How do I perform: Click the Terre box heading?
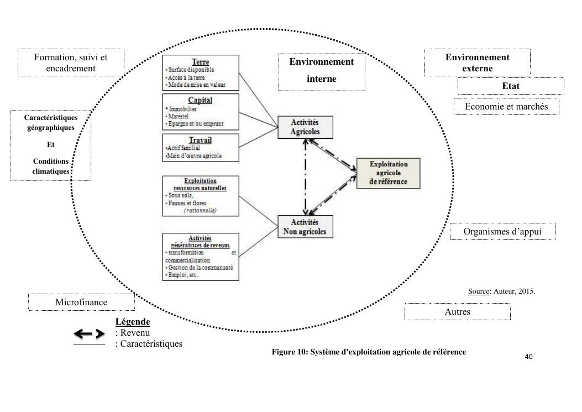coord(200,61)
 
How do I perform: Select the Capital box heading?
coord(201,100)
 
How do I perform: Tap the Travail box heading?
coord(200,140)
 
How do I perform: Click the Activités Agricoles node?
coord(305,126)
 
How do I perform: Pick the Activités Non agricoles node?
coord(305,226)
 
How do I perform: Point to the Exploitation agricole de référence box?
coord(389,173)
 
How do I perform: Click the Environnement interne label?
coord(321,70)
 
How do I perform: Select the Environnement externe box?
coord(477,62)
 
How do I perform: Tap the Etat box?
coord(510,86)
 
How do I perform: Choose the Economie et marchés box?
coord(506,106)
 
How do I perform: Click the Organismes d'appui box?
coord(502,232)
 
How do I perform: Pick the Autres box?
coord(457,311)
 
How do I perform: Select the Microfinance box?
coord(81,303)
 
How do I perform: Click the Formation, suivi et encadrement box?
coord(71,62)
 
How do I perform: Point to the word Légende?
coord(133,322)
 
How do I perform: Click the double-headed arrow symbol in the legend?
coord(90,333)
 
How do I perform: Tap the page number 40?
coord(528,357)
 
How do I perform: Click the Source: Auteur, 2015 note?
coord(501,291)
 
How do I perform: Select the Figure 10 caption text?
coord(369,352)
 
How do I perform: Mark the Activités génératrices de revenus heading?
coord(201,241)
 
